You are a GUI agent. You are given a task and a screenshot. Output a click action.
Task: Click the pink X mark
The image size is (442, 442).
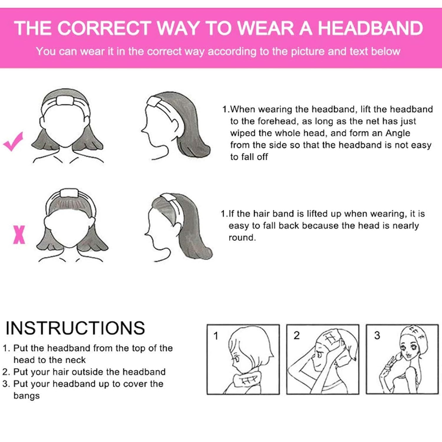[x=19, y=235]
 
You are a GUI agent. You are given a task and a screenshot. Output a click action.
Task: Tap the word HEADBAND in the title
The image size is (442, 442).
[x=370, y=28]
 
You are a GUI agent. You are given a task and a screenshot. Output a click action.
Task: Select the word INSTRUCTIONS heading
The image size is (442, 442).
[x=75, y=328]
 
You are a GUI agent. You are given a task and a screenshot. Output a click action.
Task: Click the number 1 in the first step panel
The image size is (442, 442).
[x=216, y=336]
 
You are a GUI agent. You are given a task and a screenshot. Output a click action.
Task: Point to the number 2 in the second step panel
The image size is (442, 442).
[x=296, y=335]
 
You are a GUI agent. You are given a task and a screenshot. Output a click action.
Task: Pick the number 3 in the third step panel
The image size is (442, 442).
[x=377, y=335]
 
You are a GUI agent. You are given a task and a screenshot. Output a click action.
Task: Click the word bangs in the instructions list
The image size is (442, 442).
[x=27, y=396]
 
